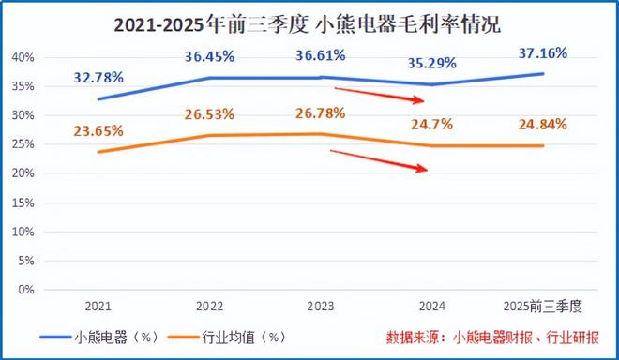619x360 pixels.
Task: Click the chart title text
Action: click(x=309, y=25)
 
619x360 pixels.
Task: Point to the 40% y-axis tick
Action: click(x=23, y=57)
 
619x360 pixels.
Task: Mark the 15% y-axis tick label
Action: click(x=23, y=202)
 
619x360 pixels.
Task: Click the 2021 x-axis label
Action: click(x=98, y=307)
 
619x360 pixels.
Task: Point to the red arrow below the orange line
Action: click(x=380, y=160)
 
